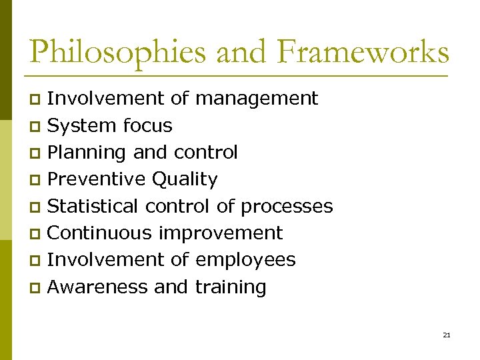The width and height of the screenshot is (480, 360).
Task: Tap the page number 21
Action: coord(446,335)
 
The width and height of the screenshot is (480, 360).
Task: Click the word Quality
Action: coord(185,180)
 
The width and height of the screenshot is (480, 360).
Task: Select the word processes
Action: coord(287,207)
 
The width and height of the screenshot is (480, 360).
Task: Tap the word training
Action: coord(231,288)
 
